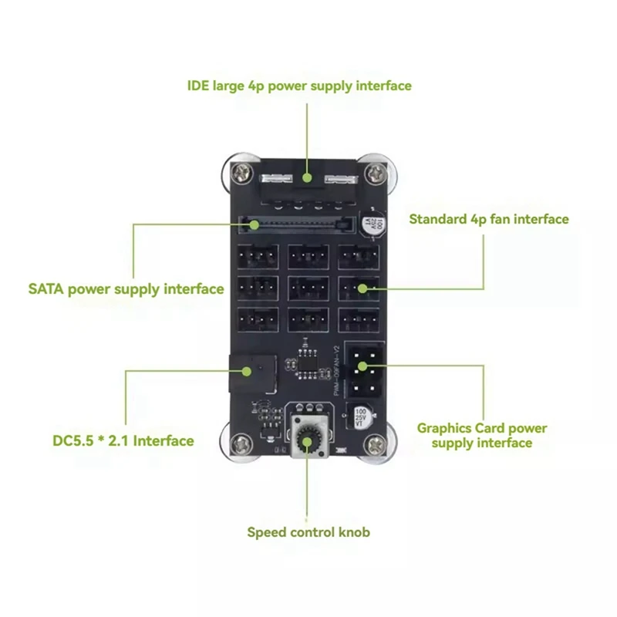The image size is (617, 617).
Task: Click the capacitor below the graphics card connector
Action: (x=360, y=417)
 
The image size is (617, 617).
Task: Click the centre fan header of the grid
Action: (x=308, y=288)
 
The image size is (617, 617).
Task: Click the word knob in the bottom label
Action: (x=356, y=531)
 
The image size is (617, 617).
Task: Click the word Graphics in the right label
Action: (x=444, y=428)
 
